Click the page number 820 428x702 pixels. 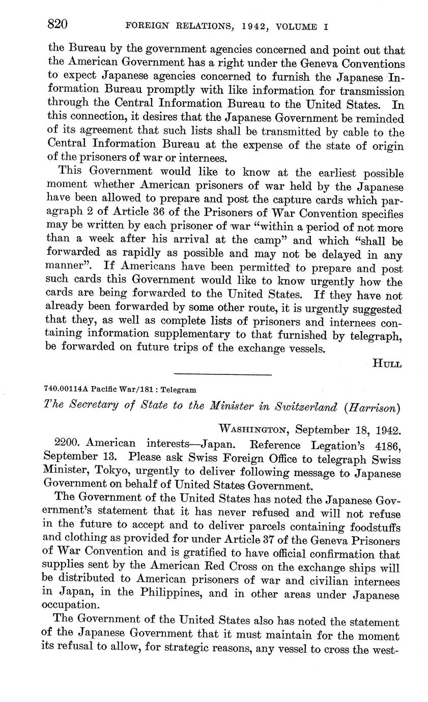[x=58, y=24]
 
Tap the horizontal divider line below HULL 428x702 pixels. [x=222, y=375]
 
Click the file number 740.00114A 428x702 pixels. [x=67, y=390]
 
